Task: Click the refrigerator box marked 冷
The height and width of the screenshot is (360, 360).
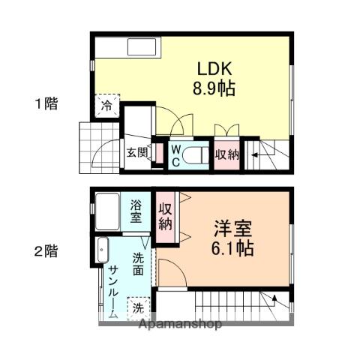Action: [x=107, y=106]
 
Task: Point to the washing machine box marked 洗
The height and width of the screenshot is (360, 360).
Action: [x=138, y=306]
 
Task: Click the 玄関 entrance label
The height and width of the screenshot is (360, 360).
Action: [x=136, y=153]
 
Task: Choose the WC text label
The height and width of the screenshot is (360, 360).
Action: [x=175, y=154]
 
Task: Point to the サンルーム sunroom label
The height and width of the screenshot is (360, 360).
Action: [x=112, y=292]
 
